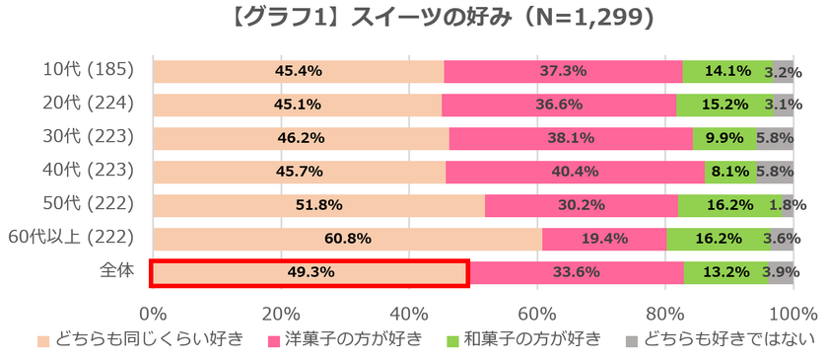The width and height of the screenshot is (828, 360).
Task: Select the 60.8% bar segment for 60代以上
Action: [347, 239]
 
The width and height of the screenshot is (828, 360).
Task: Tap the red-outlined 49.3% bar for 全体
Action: [309, 273]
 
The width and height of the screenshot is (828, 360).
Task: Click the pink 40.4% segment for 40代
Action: [576, 172]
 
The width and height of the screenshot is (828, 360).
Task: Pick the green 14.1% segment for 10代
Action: [727, 71]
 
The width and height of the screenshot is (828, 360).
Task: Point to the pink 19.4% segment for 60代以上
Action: [604, 239]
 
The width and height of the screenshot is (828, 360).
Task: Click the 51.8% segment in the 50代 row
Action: [318, 205]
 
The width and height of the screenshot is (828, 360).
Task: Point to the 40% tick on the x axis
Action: [408, 314]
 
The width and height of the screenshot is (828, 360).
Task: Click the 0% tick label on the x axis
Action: [153, 314]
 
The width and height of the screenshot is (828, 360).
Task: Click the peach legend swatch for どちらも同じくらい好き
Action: [43, 341]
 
